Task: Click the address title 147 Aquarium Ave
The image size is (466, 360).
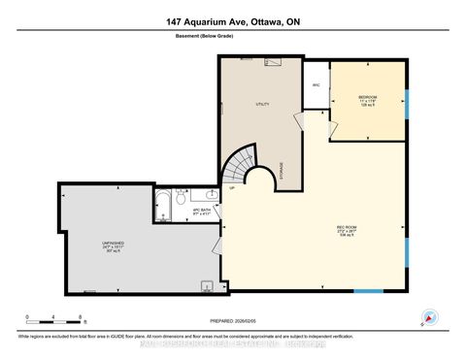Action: point(233,23)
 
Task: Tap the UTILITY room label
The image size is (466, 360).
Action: point(261,104)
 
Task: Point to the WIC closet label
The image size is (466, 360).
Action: point(316,85)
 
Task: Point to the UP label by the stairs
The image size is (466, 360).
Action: point(231,189)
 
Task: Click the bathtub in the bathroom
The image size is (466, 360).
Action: point(162,205)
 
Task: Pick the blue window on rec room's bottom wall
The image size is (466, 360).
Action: point(368,291)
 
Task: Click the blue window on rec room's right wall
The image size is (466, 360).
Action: point(408,225)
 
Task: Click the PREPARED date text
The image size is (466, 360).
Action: point(232,321)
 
